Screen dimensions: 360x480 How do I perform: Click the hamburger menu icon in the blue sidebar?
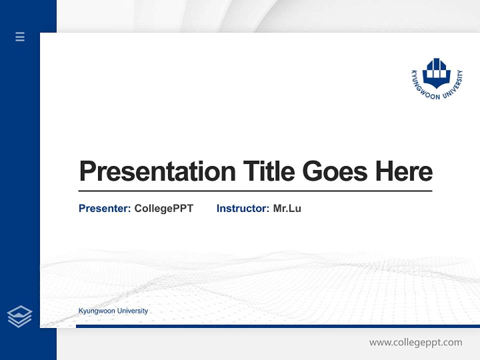pyautogui.click(x=20, y=36)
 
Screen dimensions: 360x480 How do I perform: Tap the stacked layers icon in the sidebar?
pyautogui.click(x=19, y=316)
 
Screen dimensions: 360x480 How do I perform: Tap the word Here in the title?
pyautogui.click(x=404, y=171)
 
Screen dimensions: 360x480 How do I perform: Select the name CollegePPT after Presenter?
pyautogui.click(x=164, y=208)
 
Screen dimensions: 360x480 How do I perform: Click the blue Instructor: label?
pyautogui.click(x=243, y=208)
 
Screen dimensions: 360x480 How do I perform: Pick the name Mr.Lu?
pyautogui.click(x=287, y=208)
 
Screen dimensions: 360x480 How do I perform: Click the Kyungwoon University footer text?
pyautogui.click(x=113, y=311)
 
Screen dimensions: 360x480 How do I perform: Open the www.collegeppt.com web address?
pyautogui.click(x=415, y=342)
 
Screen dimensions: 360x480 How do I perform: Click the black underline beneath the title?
pyautogui.click(x=255, y=191)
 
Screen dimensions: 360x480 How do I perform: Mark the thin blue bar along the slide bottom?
pyautogui.click(x=277, y=326)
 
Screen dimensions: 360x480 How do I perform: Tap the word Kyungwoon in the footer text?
pyautogui.click(x=96, y=311)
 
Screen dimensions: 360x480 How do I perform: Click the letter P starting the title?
pyautogui.click(x=87, y=171)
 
